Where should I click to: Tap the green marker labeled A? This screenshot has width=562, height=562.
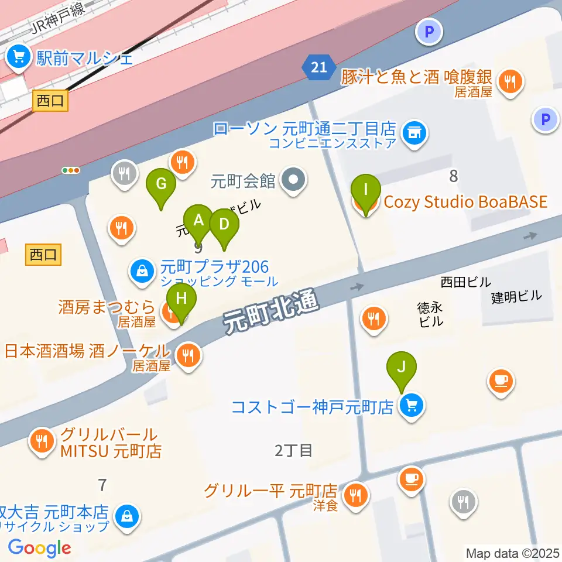coord(198,221)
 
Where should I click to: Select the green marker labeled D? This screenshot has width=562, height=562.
coord(224,225)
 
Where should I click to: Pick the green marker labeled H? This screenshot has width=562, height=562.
coord(181,299)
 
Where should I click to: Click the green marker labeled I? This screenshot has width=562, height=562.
coord(366,191)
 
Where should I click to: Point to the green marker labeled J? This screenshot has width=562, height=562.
coord(402,368)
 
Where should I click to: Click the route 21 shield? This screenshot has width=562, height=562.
coord(319,68)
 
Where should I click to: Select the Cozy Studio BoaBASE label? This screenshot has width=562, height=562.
coord(465,203)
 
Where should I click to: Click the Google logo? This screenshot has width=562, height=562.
coord(39,547)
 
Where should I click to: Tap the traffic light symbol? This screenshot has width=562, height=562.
coord(71,170)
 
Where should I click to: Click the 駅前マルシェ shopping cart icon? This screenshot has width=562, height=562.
coord(18,57)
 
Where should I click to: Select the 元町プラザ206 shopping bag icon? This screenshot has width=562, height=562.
coord(142,270)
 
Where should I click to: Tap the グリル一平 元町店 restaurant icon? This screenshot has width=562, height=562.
coord(355,496)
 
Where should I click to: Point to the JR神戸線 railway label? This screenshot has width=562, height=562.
coord(58,20)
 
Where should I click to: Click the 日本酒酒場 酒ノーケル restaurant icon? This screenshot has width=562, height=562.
coord(188,355)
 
